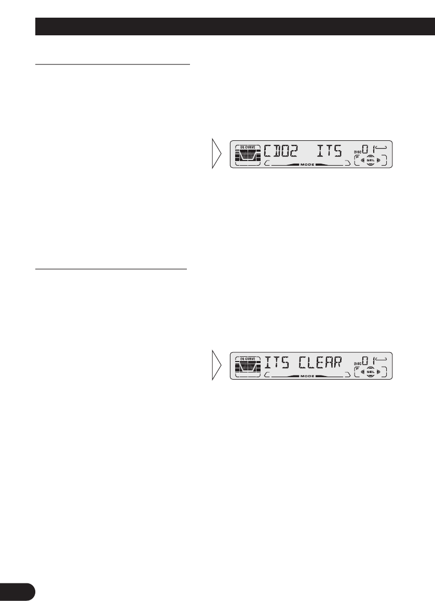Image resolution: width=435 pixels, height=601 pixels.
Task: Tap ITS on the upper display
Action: [330, 152]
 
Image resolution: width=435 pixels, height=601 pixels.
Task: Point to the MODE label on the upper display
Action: [307, 164]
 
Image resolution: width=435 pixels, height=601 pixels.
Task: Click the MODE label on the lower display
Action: [307, 374]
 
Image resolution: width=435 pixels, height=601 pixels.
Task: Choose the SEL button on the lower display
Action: [370, 371]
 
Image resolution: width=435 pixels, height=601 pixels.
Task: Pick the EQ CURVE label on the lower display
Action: [247, 358]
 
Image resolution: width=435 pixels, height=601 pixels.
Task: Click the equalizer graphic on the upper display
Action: [247, 157]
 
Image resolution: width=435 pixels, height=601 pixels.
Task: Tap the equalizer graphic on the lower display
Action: [247, 367]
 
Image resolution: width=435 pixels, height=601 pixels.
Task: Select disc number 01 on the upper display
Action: [368, 150]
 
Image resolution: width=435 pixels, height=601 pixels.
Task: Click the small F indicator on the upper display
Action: [358, 157]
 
